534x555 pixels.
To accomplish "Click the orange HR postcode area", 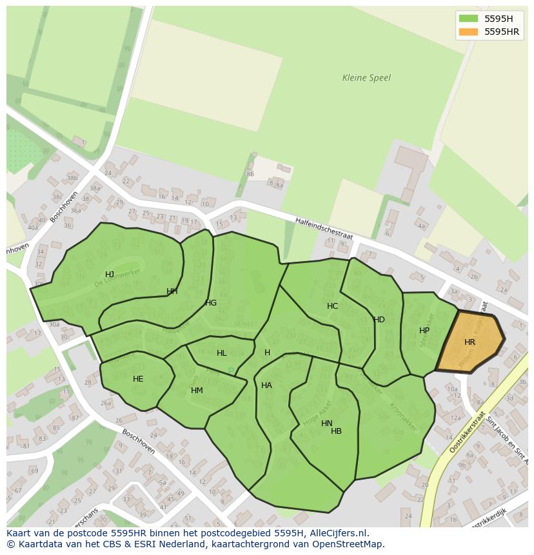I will coord(470,342).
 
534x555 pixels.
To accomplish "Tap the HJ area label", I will coord(110,275).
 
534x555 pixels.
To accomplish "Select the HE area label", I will coord(138,379).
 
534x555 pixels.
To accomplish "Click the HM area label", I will coord(197,391).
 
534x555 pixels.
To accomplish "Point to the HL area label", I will coord(222,353).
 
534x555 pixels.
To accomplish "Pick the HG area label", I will coord(211,303).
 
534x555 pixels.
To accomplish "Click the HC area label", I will coord(332,306).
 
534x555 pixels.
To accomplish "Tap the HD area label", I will coord(379,320).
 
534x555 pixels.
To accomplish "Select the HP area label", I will coord(424,331).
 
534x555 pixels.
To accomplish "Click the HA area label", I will coord(266,385).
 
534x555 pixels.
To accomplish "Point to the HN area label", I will coord(327,424).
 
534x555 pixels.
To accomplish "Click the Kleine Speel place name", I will coord(366,78).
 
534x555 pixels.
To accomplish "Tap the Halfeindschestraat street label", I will coord(324,229).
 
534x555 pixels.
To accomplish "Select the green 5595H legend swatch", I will coord(469,19).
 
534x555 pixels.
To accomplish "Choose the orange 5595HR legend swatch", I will coord(469,32).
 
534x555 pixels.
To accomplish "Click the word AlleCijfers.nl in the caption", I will coord(335,533).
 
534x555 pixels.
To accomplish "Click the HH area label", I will coord(172,291).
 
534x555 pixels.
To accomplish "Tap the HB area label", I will coord(336,431).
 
